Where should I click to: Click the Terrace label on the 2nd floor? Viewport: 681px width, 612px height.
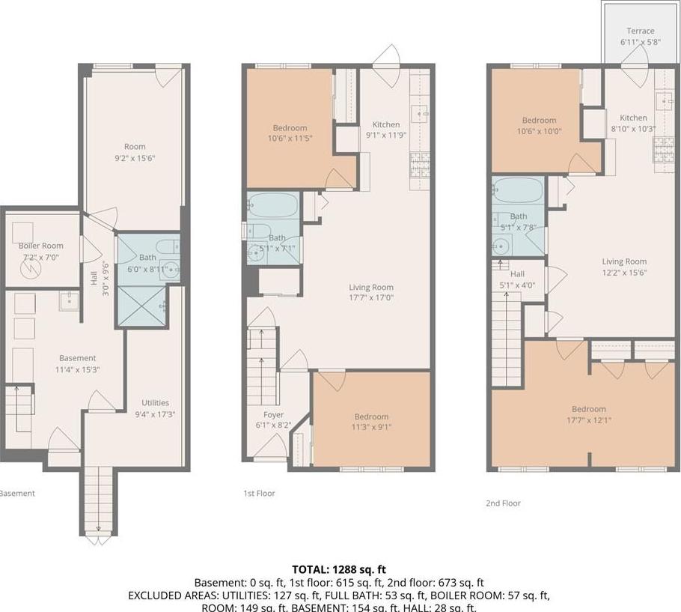pos(641,31)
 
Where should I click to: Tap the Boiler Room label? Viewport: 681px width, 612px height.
pos(41,246)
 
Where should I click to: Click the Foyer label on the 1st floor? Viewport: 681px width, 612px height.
pos(273,415)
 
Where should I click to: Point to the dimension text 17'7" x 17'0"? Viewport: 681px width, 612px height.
pos(371,297)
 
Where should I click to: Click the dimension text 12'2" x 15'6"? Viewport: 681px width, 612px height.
pos(624,273)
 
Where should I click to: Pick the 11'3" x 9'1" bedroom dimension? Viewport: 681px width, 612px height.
pos(371,428)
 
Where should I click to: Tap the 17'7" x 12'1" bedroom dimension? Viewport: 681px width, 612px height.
pos(588,420)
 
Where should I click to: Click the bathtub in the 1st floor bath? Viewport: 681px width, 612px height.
pos(273,204)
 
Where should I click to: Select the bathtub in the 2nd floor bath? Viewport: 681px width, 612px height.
pos(518,191)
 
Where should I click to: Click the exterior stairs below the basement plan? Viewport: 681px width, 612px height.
pos(97,499)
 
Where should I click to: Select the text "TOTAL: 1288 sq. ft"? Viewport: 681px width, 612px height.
pos(340,569)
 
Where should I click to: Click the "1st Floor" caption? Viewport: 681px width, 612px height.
pos(259,493)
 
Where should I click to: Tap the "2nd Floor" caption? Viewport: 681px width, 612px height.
pos(503,503)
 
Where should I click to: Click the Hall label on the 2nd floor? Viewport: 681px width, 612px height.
pos(517,274)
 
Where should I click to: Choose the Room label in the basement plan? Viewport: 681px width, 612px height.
pos(135,147)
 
